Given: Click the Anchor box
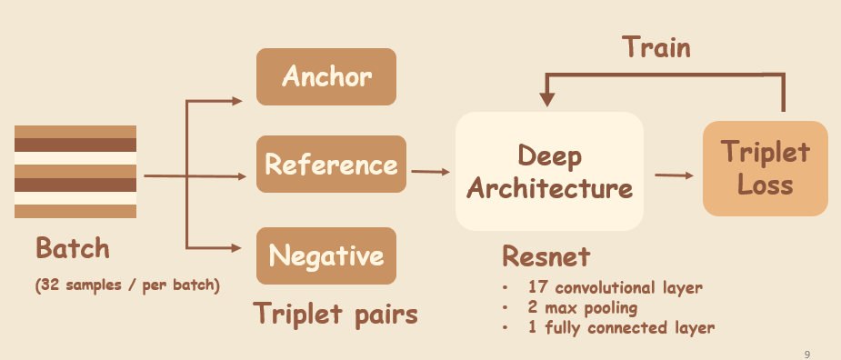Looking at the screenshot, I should tap(326, 76).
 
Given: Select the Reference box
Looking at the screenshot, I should tap(330, 165).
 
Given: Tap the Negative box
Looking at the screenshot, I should tap(326, 255).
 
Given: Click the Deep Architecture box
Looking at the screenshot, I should tap(548, 172).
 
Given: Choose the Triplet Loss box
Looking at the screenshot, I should tap(766, 168).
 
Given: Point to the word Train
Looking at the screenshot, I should tap(656, 47).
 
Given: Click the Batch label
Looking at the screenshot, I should tap(72, 248).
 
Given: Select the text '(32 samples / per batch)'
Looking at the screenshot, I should tap(127, 285).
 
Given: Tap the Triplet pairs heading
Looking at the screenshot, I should tap(335, 315).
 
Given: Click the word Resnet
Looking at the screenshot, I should tap(546, 255).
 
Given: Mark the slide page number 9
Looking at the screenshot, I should tap(807, 353).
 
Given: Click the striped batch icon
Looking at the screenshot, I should tap(75, 172).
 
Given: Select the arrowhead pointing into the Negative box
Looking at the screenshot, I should tap(238, 246).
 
